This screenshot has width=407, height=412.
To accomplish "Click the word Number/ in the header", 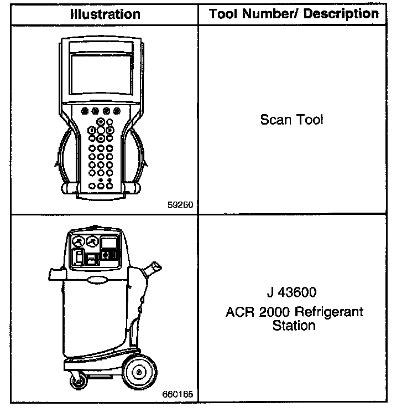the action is coord(284,14).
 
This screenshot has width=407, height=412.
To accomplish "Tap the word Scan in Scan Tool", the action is coord(275,119).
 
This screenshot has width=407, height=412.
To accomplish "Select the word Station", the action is coord(294,326).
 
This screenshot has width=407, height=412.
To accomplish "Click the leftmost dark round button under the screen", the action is coord(84,111).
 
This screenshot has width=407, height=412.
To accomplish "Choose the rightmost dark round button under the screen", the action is coord(117,111).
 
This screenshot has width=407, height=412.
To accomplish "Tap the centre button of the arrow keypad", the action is coord(101,131).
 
